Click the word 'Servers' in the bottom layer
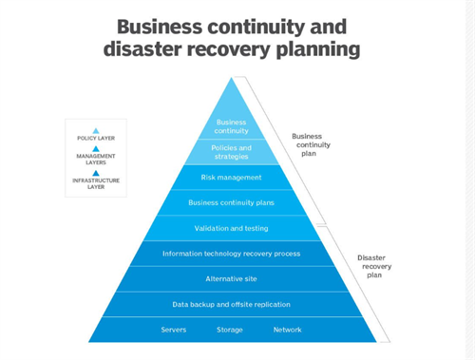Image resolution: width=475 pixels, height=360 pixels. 173,331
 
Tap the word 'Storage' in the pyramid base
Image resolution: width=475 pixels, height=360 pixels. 229,331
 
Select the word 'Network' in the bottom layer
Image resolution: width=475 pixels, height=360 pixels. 287,331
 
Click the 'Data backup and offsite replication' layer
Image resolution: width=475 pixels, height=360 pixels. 231,305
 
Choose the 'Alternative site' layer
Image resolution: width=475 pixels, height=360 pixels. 231,279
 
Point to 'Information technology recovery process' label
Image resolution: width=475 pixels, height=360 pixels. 231,254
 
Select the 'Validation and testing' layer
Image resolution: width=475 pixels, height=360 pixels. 231,228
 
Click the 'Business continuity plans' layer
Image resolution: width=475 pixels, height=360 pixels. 231,202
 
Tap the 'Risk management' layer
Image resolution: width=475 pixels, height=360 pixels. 231,177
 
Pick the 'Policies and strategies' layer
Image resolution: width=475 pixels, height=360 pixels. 231,151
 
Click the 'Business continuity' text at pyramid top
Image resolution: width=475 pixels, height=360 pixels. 231,125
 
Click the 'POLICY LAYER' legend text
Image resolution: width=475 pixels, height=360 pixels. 95,139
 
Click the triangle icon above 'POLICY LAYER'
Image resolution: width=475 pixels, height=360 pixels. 95,130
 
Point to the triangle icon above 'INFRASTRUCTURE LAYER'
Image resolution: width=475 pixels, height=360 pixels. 95,173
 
